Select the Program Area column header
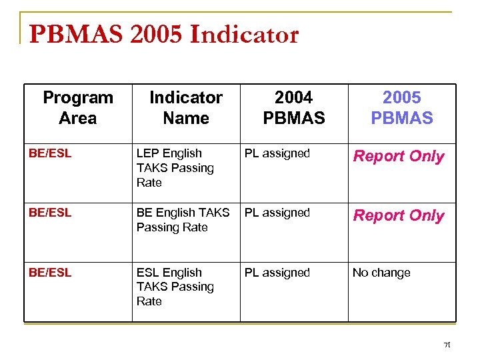click(x=78, y=108)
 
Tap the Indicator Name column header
click(x=186, y=108)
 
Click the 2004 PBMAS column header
click(x=294, y=108)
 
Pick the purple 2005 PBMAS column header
click(x=402, y=108)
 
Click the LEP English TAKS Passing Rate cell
click(x=175, y=168)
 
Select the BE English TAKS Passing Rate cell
click(x=183, y=220)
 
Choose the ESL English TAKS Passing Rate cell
click(x=175, y=287)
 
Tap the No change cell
click(x=381, y=273)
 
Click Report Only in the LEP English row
click(x=399, y=156)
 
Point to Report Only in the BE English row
click(x=399, y=215)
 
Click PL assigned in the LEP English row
click(x=277, y=153)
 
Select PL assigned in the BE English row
click(x=277, y=213)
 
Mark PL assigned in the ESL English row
click(x=277, y=273)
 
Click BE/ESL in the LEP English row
click(x=50, y=153)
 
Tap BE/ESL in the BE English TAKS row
click(x=50, y=213)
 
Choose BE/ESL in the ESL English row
click(x=50, y=273)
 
